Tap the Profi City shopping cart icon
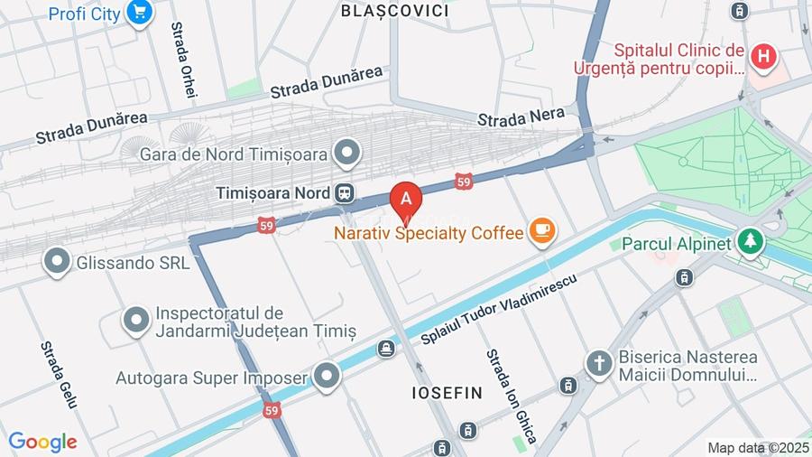[x=138, y=13]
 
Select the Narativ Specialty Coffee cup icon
[x=542, y=232]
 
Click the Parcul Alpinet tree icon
[x=749, y=242]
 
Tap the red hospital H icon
[x=763, y=57]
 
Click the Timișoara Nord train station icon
[x=344, y=193]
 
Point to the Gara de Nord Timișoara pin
[x=346, y=153]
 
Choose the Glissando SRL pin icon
[x=57, y=263]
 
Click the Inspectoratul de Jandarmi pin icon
[x=136, y=322]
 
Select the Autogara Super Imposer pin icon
[x=327, y=377]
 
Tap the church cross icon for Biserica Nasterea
[x=597, y=364]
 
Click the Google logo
[x=42, y=443]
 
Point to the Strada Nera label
[x=521, y=117]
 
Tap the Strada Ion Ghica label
[x=512, y=396]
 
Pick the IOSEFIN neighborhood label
[x=448, y=393]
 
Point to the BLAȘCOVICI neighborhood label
[x=395, y=11]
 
